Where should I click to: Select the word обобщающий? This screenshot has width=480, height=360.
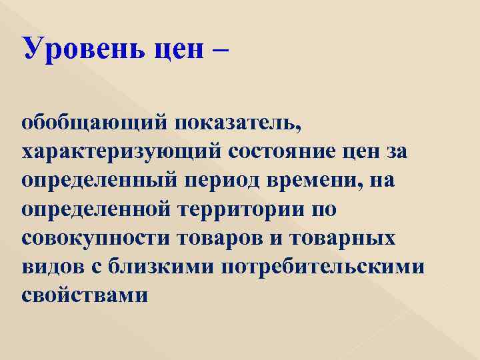[87, 124]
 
